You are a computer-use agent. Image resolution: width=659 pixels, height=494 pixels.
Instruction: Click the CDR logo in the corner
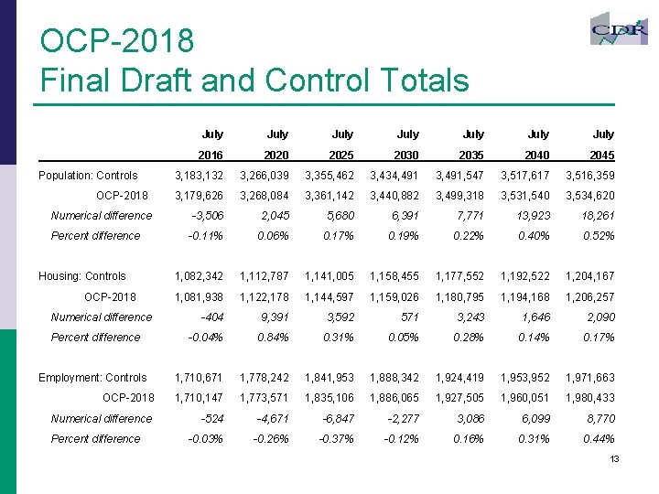point(619,31)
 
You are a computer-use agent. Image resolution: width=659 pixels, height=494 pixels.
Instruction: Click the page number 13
point(614,457)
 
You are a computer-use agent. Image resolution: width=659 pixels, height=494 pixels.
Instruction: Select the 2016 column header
point(211,156)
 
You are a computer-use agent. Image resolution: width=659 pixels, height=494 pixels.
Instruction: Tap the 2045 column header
point(602,156)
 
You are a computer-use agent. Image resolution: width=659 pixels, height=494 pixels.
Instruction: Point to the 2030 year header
point(407,156)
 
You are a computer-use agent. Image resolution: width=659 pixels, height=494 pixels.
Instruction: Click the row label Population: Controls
point(88,176)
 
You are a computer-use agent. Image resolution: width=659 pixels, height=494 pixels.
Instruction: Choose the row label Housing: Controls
point(81,276)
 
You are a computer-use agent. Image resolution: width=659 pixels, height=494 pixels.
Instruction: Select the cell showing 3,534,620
point(590,196)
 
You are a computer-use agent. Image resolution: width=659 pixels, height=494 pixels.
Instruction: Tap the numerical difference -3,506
point(207,216)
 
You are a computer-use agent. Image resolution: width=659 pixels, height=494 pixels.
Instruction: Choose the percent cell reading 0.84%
point(274,338)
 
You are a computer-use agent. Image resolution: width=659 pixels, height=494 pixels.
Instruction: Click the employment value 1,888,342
point(395,378)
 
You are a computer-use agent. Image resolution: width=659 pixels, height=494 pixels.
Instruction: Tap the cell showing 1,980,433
point(590,398)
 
